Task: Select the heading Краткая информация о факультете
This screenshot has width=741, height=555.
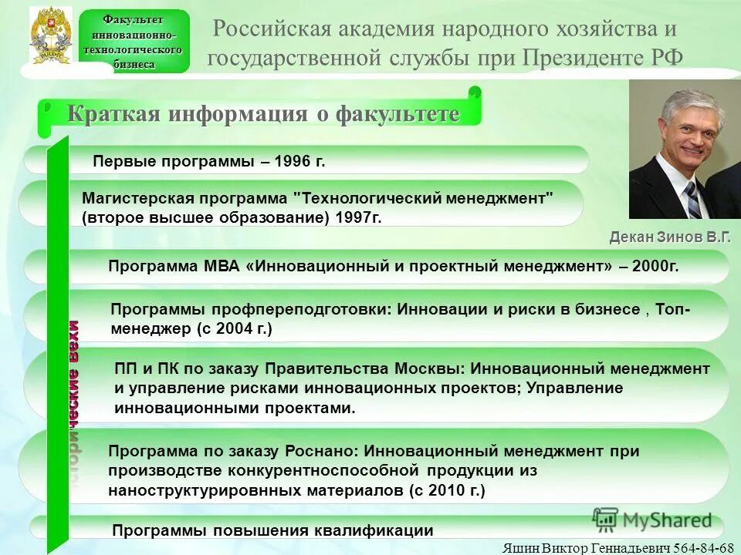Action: point(262,114)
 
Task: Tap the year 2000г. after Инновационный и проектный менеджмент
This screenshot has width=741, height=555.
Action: point(655,267)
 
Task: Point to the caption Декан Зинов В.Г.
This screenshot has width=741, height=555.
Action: point(669,237)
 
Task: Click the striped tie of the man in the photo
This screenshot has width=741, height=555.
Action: point(692,200)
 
